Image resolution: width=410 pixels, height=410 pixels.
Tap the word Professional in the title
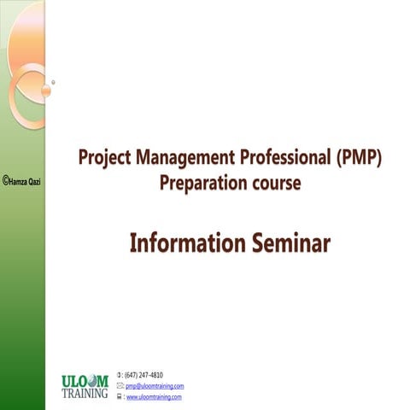(x=272, y=159)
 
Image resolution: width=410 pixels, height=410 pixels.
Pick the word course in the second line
(x=277, y=184)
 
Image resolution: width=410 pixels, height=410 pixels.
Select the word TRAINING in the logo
(x=85, y=394)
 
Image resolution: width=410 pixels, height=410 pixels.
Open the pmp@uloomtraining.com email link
(x=155, y=386)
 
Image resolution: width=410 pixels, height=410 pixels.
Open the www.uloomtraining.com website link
(x=154, y=397)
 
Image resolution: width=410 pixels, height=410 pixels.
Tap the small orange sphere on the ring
(x=45, y=88)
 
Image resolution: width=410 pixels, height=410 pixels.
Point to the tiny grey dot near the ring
(x=53, y=83)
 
